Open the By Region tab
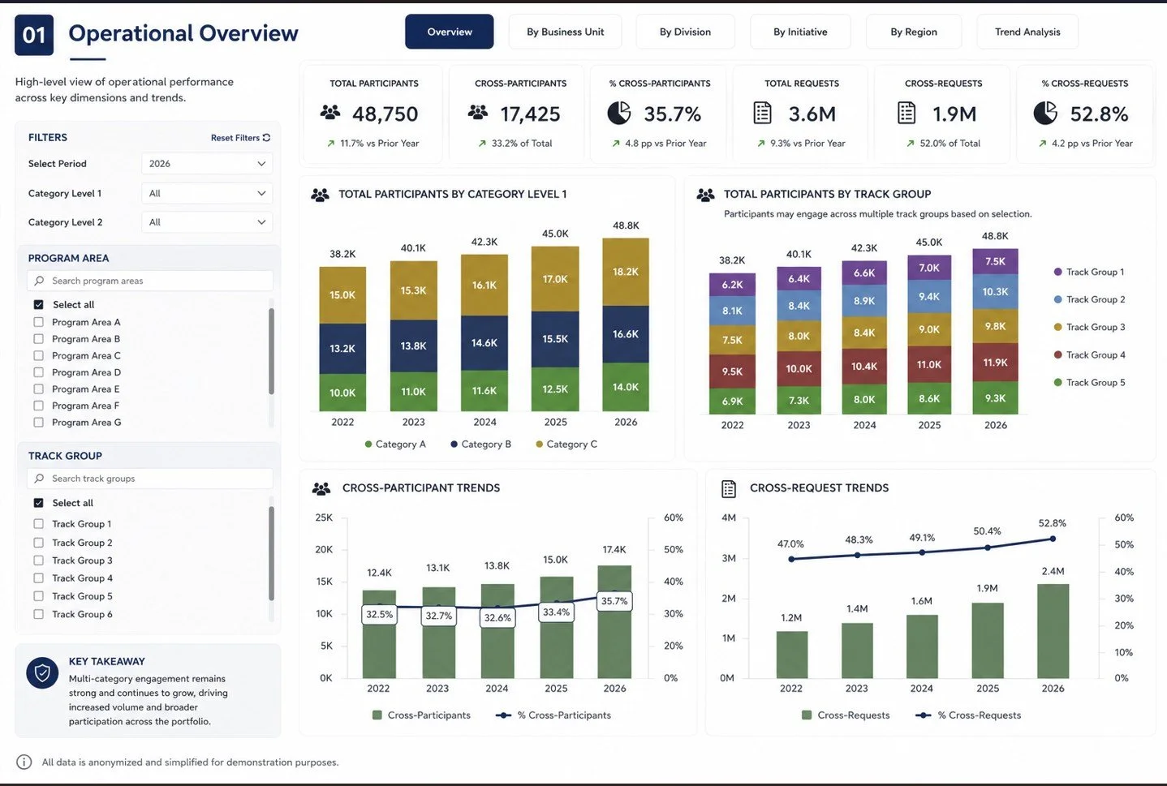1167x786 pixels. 913,32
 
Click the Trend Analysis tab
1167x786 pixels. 1027,32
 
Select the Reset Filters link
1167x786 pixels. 240,138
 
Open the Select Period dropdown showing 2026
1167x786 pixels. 207,164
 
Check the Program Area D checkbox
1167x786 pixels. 39,372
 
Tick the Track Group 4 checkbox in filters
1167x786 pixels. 39,578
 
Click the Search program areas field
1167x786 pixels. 150,281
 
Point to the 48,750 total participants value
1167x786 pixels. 385,114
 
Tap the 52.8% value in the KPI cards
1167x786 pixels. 1100,114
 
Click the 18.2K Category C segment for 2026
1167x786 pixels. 626,272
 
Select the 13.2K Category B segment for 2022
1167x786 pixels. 342,349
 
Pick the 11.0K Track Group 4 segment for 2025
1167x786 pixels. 929,365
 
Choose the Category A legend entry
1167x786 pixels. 395,445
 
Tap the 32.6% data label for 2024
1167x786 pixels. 497,618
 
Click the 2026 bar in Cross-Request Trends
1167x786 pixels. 1053,631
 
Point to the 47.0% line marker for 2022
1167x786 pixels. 791,560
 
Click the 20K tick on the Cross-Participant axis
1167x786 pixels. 324,549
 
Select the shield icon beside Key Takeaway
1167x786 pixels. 42,673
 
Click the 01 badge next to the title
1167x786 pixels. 34,35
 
